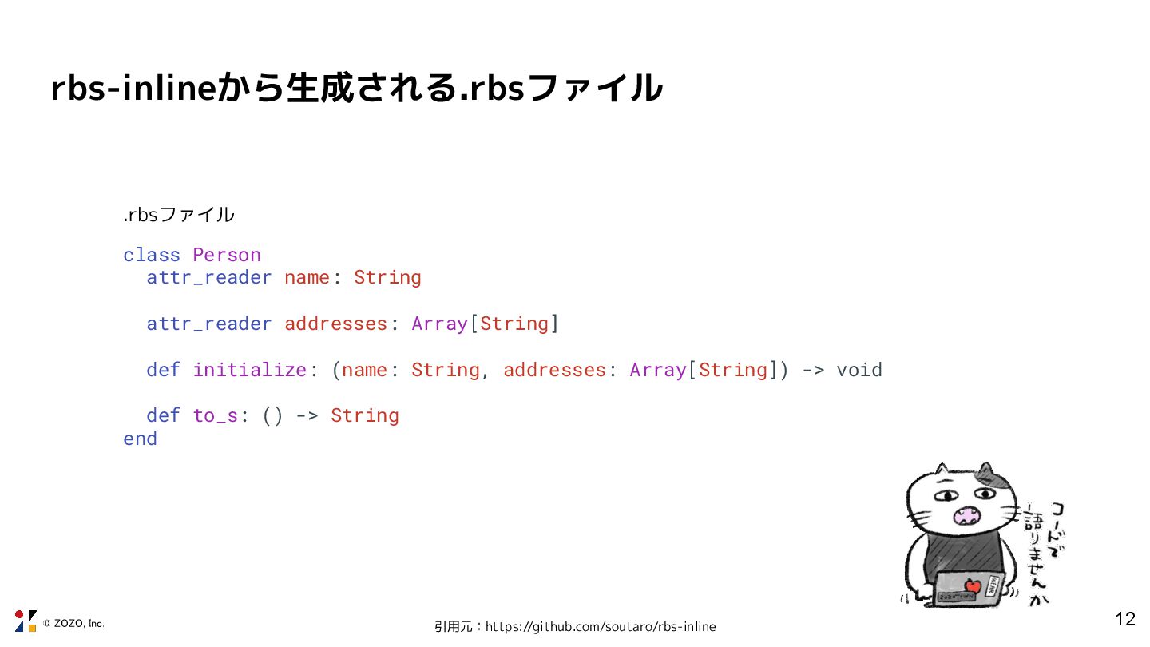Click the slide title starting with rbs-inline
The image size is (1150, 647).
356,88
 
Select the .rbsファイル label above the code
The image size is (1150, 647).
179,215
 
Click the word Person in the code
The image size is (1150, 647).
227,255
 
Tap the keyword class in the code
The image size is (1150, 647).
152,255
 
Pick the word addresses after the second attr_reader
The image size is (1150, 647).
335,323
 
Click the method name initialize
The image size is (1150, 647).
249,370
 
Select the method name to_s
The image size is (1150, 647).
215,415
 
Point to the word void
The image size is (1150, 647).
859,370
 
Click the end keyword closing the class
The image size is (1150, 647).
140,439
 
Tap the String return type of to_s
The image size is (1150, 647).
364,415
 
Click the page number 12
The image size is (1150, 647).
1124,619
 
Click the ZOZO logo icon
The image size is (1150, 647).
26,621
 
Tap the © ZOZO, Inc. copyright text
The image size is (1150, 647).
73,623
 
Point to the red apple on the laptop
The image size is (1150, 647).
972,586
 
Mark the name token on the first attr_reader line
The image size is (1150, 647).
307,277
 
